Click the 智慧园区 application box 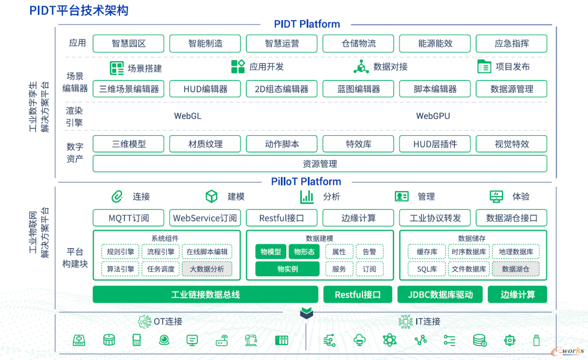(x=128, y=43)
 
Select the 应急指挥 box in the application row (x=511, y=43)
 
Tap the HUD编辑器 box (x=205, y=89)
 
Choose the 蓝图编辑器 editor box (x=358, y=89)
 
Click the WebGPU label (x=433, y=116)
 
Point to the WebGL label (x=188, y=116)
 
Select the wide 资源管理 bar (x=320, y=164)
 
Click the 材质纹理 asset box (x=205, y=144)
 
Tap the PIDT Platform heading (x=307, y=24)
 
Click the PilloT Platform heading (x=306, y=182)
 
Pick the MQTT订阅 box (x=128, y=218)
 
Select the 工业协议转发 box (x=435, y=218)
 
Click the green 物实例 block (x=287, y=269)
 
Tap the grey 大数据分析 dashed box (x=207, y=269)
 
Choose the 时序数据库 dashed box (x=469, y=251)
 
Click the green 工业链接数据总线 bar (x=205, y=295)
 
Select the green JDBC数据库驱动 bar (x=440, y=295)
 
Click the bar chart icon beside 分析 (x=307, y=197)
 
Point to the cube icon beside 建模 (x=211, y=197)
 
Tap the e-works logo (x=568, y=351)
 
